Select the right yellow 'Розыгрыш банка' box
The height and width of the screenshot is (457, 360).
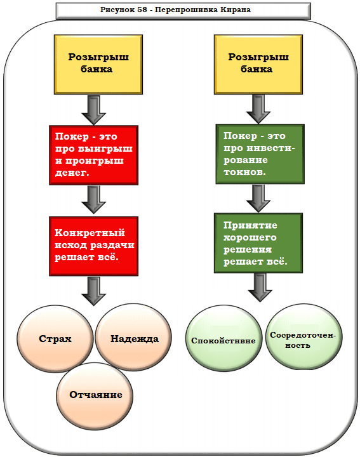[x=258, y=63]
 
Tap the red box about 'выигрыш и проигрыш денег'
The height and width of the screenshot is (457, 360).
[x=93, y=155]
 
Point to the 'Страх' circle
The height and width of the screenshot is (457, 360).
[x=55, y=338]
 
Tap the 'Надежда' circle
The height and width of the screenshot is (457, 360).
[x=134, y=338]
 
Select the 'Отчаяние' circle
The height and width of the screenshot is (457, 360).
[x=96, y=394]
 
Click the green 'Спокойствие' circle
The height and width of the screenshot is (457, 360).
[x=223, y=340]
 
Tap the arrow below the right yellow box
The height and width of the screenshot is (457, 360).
[x=259, y=109]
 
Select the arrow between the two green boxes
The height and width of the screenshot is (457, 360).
[x=259, y=197]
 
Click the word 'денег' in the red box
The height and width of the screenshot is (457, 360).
[x=72, y=172]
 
